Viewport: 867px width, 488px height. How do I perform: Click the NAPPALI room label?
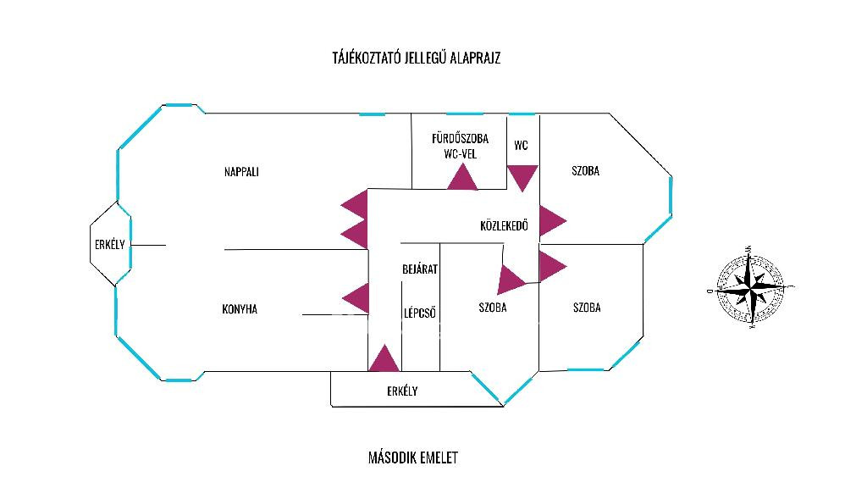241,172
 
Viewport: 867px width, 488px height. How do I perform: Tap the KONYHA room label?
240,309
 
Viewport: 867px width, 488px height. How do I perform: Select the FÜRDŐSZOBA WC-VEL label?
460,146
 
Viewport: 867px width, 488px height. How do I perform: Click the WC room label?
521,145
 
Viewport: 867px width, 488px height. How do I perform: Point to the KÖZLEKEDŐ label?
504,226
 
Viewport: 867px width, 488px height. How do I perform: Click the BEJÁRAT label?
419,269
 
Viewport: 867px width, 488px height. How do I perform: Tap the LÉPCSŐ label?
419,312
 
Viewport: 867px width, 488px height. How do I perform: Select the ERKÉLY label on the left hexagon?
109,245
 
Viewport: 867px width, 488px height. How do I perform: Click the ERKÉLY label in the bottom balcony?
402,391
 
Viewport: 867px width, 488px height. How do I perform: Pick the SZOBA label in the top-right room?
586,171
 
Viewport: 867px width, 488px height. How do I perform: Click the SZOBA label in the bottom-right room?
586,308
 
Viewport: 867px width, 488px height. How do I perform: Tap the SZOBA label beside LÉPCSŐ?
492,308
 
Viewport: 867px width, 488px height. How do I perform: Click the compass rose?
749,288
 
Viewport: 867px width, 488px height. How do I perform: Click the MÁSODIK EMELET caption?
413,457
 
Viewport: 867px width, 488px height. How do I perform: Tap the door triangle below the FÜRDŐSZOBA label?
462,179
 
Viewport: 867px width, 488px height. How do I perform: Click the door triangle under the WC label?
522,175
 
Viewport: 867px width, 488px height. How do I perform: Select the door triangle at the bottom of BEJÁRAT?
384,361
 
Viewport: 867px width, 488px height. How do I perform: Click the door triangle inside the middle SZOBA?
511,280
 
